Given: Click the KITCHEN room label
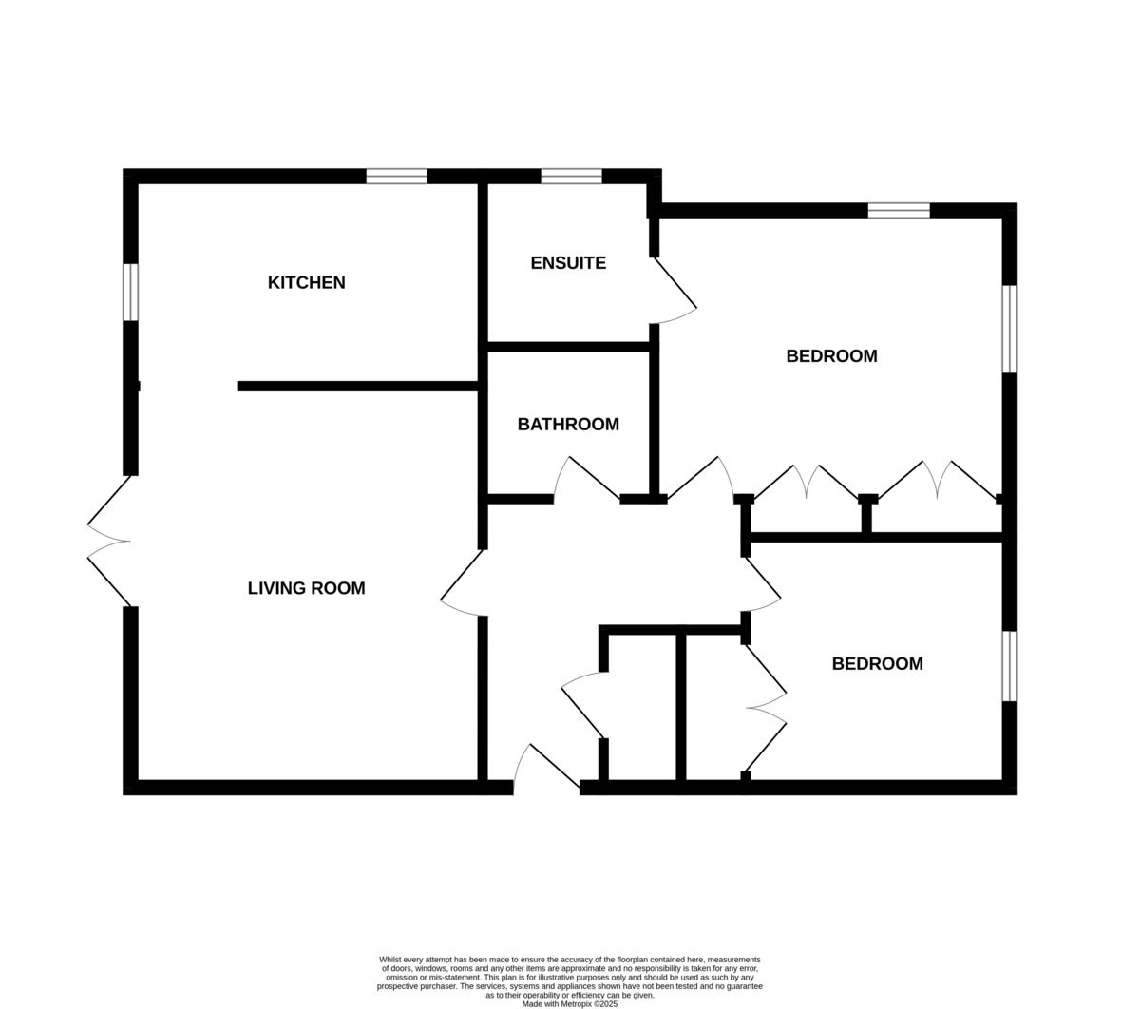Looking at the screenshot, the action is (x=306, y=282).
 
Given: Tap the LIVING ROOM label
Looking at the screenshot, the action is (x=306, y=588).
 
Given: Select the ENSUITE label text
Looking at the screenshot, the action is (x=568, y=263).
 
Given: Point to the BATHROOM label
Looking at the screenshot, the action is (x=568, y=425).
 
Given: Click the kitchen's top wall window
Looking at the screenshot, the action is (x=397, y=176).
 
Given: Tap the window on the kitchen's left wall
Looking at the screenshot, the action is (x=130, y=293).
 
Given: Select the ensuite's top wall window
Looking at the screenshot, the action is (x=572, y=176).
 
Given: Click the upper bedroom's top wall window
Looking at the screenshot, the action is (x=899, y=211).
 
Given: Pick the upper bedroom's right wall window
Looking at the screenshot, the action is (x=1010, y=329).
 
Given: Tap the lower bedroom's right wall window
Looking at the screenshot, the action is (x=1010, y=666).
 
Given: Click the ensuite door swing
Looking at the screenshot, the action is (x=675, y=291).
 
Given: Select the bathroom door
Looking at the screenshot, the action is (x=587, y=478).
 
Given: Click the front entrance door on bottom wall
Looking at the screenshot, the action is (x=546, y=766).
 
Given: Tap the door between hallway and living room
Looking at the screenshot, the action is (x=462, y=582).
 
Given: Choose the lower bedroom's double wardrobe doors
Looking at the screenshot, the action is (x=766, y=708).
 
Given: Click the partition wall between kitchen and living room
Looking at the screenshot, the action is (x=358, y=386).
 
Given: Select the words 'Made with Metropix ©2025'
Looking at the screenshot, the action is (x=569, y=1004).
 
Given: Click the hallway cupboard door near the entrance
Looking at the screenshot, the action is (x=582, y=705).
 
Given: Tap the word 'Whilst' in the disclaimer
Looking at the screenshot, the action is (x=389, y=960).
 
